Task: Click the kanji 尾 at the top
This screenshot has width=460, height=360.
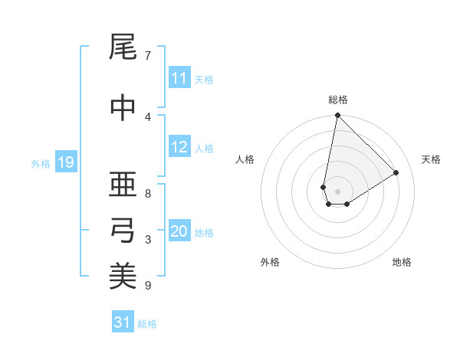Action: click(122, 49)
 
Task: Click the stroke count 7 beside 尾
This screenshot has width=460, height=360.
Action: click(148, 55)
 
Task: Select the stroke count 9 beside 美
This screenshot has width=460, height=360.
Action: click(148, 286)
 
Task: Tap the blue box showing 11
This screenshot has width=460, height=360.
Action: click(179, 78)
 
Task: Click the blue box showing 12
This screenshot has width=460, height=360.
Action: click(179, 148)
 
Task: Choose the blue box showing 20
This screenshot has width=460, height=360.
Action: click(179, 232)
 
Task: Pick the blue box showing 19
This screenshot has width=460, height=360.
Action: click(65, 162)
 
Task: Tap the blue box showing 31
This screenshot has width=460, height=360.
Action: click(123, 322)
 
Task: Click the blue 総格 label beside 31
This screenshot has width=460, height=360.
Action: click(147, 324)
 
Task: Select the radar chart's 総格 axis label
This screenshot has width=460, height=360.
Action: click(338, 100)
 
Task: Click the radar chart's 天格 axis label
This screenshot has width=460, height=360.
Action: click(432, 159)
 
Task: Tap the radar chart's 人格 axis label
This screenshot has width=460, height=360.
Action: click(245, 159)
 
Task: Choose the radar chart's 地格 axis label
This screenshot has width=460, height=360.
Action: click(402, 262)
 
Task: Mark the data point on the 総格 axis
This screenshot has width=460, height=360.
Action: click(337, 116)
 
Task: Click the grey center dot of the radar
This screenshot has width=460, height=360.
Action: click(337, 191)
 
